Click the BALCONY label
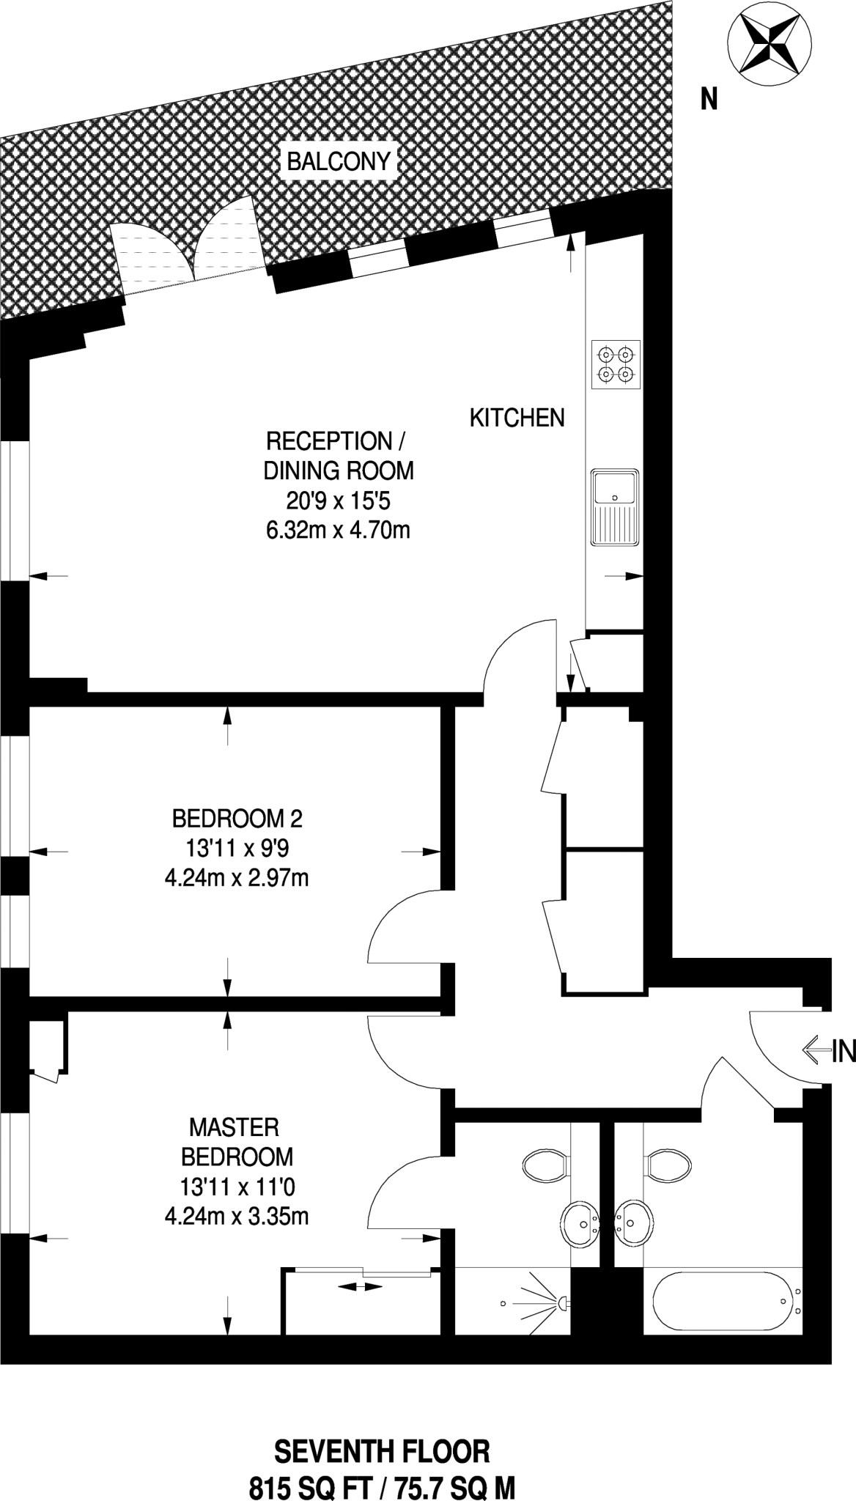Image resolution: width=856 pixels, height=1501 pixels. (339, 161)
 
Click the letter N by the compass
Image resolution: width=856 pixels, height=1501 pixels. (709, 99)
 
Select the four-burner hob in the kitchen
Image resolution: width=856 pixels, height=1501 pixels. (616, 365)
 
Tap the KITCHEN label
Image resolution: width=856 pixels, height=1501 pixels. (517, 418)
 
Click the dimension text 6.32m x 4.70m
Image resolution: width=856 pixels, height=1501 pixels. (338, 530)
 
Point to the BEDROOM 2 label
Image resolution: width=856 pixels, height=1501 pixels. (237, 817)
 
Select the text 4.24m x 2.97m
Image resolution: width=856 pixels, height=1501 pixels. (237, 877)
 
